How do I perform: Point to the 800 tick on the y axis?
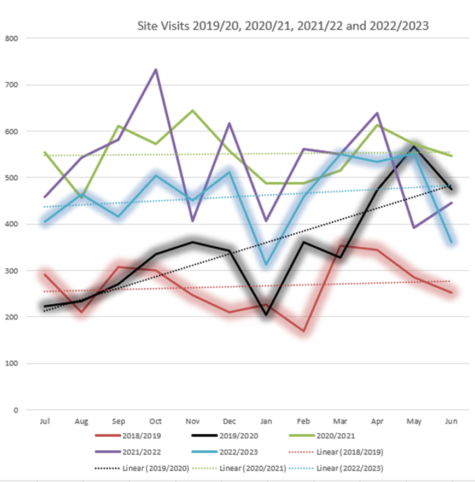[x=11, y=38]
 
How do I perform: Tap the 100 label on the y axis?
[x=11, y=364]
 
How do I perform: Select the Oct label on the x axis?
[x=155, y=421]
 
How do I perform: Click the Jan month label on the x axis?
[x=266, y=421]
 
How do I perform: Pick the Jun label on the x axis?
[x=451, y=421]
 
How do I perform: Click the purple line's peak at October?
[x=156, y=69]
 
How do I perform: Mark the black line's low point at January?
[x=267, y=315]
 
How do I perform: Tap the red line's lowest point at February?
[x=303, y=331]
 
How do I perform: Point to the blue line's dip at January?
[x=267, y=265]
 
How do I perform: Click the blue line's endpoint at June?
[x=451, y=242]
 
